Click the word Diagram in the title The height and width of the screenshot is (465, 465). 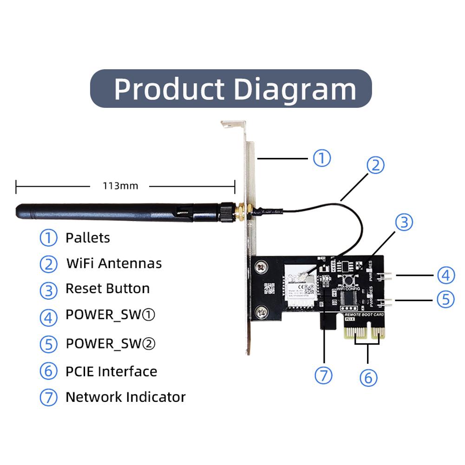tap(295, 88)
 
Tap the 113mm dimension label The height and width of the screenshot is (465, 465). tap(120, 186)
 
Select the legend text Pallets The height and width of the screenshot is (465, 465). tap(88, 238)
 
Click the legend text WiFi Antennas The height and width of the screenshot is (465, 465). tap(114, 263)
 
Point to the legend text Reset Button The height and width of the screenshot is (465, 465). tap(107, 288)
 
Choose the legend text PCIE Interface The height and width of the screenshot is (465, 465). tap(111, 372)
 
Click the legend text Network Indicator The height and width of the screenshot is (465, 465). tap(125, 397)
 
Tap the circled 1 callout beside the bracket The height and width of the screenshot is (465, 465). tap(321, 158)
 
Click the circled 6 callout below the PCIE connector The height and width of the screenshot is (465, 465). tap(368, 377)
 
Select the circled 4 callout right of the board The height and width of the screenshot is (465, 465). tap(445, 275)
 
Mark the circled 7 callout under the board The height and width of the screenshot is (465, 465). tap(324, 375)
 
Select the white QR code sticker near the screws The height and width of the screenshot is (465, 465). tap(270, 288)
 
